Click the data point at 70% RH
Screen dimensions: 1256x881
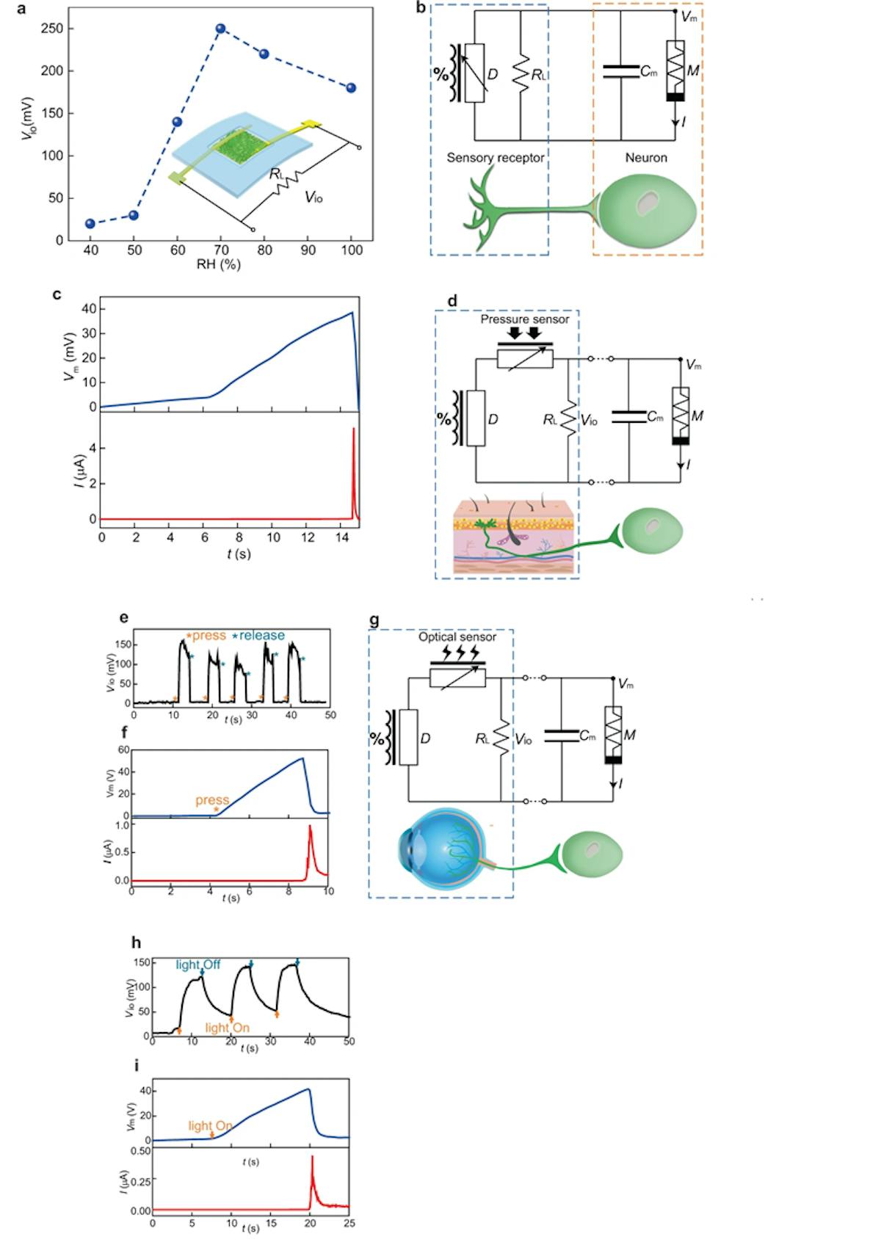(220, 29)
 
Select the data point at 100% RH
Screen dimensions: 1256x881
(351, 88)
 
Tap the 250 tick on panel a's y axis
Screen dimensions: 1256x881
(53, 29)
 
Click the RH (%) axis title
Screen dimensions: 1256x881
(218, 264)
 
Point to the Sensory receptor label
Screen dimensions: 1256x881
(496, 158)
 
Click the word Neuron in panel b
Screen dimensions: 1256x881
(646, 158)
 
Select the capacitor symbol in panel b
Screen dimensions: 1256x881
(620, 71)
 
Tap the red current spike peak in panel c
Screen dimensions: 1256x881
(354, 429)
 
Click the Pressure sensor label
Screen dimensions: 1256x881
(524, 319)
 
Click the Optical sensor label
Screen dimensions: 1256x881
(457, 637)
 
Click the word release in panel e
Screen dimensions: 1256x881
(261, 636)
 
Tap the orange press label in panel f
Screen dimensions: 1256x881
(212, 800)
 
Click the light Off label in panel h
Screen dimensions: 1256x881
(197, 965)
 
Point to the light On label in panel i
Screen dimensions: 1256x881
(210, 1126)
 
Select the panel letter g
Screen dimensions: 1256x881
(374, 620)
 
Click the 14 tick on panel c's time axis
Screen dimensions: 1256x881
(342, 537)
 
